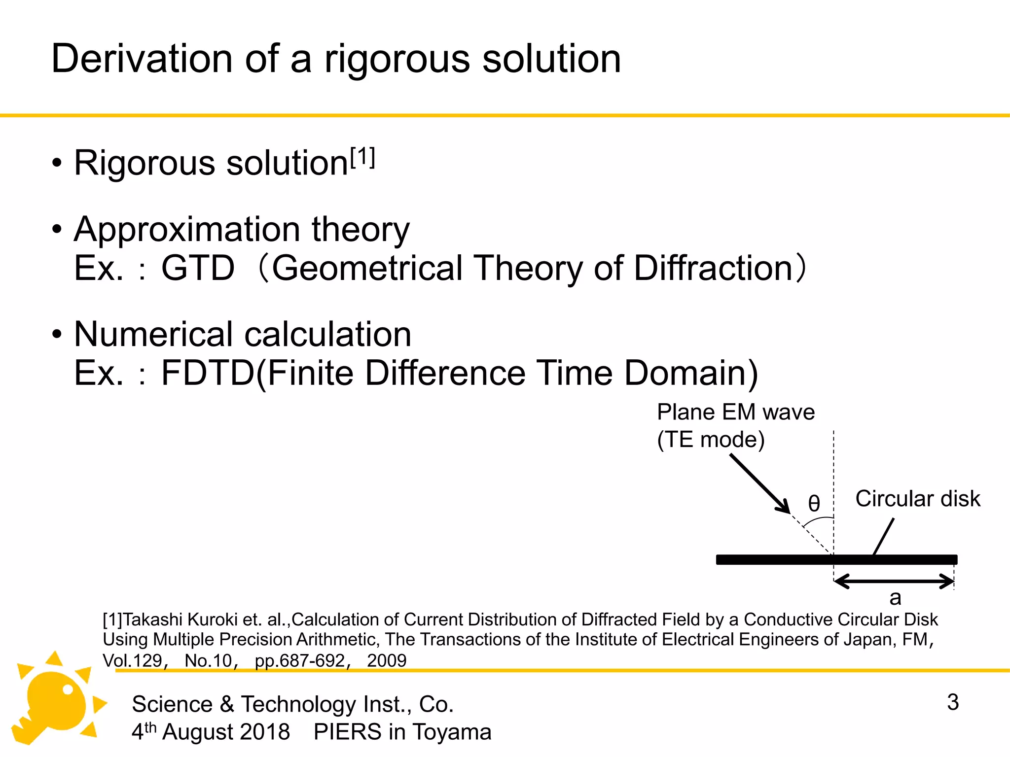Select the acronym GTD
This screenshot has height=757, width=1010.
click(198, 269)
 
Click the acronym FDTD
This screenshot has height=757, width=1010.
click(208, 373)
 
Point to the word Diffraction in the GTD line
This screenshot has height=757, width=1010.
click(713, 269)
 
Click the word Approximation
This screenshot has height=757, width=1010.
click(187, 230)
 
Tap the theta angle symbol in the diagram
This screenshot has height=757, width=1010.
click(814, 504)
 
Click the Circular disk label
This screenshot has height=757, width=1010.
click(917, 499)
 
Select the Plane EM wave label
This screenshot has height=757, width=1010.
click(736, 412)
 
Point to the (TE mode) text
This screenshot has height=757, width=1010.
click(711, 440)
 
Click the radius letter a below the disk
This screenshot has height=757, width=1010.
click(895, 598)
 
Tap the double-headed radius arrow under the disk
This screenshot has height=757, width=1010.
click(894, 581)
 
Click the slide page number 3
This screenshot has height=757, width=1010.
click(953, 702)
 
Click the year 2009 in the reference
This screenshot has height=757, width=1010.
click(387, 660)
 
